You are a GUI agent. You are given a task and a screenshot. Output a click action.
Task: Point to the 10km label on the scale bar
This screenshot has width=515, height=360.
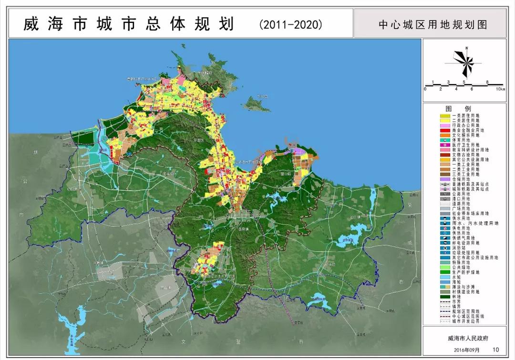500,90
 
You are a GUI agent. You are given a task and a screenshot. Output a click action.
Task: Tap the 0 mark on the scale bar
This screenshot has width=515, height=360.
425,90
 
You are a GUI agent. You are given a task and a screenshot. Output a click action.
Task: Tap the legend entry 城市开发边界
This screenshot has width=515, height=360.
465,321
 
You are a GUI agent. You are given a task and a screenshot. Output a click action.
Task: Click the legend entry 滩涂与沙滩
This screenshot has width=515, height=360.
465,287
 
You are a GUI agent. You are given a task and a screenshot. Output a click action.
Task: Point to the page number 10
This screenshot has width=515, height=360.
495,350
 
